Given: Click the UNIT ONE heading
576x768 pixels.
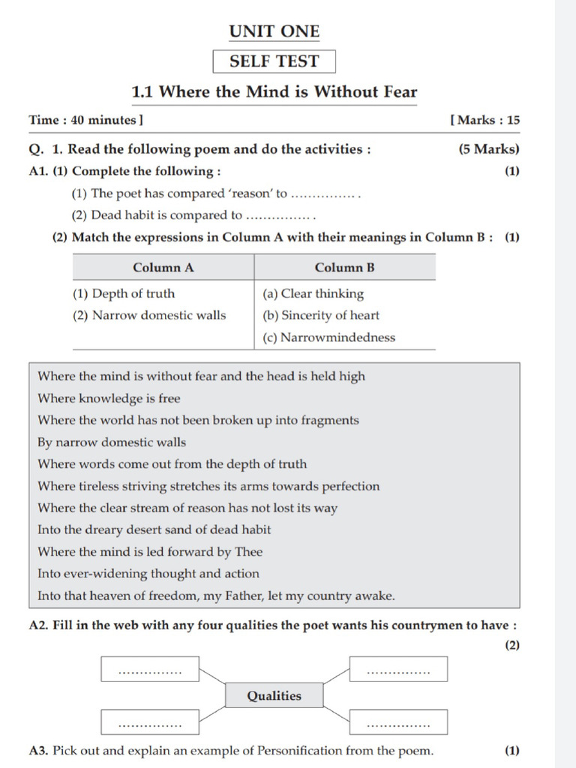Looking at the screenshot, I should coord(274,31).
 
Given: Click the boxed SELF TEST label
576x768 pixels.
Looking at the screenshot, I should coord(274,61).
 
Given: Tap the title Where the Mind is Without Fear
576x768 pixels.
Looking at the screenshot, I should coord(274,92).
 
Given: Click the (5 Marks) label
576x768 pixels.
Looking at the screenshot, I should coord(489,149).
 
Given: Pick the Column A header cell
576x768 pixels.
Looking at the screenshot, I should coord(163,268).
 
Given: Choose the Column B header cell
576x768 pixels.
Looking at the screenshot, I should coord(344,268).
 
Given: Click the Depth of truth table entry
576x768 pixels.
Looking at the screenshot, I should coord(124,294).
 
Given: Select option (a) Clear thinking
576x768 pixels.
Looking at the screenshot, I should coord(313,294).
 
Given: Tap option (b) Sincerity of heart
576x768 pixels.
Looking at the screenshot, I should coord(321,316).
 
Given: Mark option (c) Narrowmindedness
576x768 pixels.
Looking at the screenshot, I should coord(328,337).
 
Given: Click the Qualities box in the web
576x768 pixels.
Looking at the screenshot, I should coord(274,696).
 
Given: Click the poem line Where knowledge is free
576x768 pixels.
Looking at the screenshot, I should coord(109,398).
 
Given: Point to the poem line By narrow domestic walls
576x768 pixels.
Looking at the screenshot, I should coord(112,442).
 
